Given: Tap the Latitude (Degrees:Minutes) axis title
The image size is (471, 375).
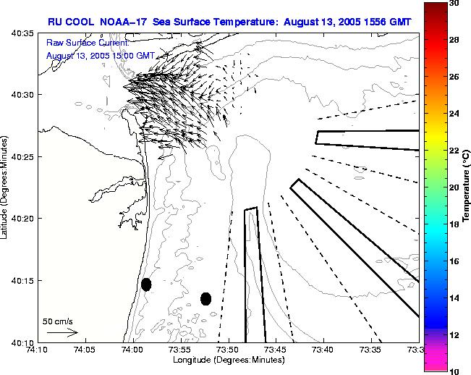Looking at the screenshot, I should (5, 187).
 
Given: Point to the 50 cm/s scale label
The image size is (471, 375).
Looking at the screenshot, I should (57, 320).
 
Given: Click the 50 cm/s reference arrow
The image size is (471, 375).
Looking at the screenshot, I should (62, 332).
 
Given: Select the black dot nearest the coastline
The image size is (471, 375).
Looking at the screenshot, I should (146, 285).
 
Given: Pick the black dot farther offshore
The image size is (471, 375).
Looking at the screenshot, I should (205, 298).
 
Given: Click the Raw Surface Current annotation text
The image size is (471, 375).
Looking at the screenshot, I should (87, 43).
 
